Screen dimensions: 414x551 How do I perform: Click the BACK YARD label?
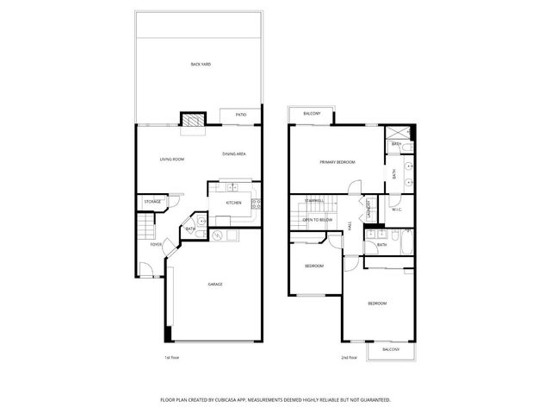coord(201,64)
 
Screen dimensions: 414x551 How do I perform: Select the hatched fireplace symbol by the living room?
coord(190,121)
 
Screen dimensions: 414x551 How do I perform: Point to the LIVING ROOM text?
coord(172,160)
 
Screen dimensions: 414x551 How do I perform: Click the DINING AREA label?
coord(234,154)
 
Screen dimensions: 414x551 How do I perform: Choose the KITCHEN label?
coord(233,203)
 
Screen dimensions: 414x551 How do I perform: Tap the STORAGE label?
coord(152,201)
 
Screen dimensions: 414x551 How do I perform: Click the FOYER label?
coord(156,244)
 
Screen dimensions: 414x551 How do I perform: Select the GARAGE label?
coord(214,284)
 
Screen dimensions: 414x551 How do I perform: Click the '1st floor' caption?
coord(172,357)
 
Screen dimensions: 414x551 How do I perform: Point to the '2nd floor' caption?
coord(349,357)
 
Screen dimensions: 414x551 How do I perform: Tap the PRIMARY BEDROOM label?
coord(337,162)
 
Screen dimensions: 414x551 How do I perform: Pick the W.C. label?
coord(397,209)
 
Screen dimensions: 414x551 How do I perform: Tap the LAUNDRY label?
coord(368,208)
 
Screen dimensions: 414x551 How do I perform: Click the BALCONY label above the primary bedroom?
coord(312,114)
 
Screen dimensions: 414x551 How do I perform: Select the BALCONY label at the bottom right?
coord(391,349)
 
